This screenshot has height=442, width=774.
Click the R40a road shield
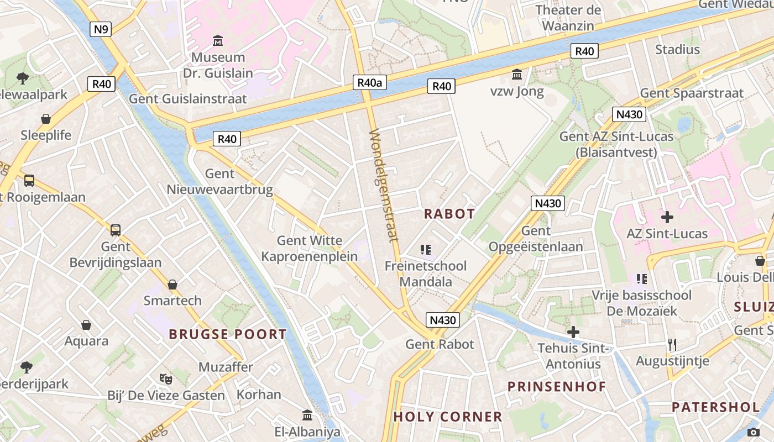[x=370, y=83]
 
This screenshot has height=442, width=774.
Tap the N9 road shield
[x=101, y=29]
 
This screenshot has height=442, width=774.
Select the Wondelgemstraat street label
[x=384, y=186]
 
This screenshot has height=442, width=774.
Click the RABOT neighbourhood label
[x=449, y=214]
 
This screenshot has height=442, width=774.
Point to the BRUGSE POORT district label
[x=228, y=334]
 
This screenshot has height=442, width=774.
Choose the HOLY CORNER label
[x=448, y=417]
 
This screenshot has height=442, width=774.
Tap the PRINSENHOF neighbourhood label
[x=557, y=386]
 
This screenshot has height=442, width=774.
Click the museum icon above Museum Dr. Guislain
[x=218, y=41]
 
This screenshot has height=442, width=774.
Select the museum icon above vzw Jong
[x=517, y=74]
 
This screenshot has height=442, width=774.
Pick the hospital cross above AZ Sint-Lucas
[x=667, y=217]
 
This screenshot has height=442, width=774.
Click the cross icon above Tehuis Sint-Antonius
[x=573, y=332]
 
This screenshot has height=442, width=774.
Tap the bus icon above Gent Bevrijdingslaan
[x=115, y=230]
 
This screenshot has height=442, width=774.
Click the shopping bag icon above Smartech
[x=172, y=285]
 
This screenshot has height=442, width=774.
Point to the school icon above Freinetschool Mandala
[x=425, y=250]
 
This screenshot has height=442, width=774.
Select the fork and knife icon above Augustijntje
[x=672, y=345]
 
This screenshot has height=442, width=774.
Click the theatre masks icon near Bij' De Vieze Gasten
[x=165, y=379]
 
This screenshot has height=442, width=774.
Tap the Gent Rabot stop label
[x=440, y=344]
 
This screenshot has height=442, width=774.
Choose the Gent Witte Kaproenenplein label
[x=310, y=249]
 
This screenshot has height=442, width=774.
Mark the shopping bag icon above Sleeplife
[x=46, y=119]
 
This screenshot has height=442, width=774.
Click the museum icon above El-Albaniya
[x=307, y=415]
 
